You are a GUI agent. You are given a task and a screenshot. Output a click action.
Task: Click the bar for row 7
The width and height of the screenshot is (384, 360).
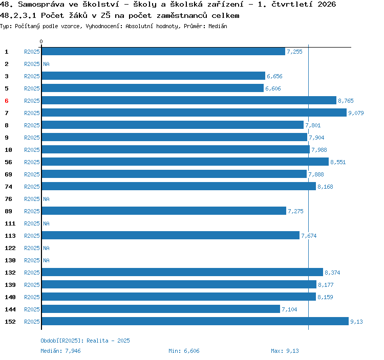pos(194,112)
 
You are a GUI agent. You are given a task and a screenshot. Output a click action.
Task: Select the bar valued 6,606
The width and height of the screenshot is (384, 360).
pos(153,88)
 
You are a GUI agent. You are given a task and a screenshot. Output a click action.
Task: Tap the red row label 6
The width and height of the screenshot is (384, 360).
pos(7,101)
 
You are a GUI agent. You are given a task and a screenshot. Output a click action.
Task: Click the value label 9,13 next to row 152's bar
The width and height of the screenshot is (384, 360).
pos(356,322)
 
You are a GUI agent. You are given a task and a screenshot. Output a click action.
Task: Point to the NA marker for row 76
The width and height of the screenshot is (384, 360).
pos(46,199)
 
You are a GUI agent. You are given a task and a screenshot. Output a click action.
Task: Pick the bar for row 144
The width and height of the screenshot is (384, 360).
pos(161,309)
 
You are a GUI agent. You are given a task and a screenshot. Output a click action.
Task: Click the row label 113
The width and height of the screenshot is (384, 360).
pos(10,236)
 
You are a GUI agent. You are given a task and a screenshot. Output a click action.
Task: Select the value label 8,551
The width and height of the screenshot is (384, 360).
pos(338,162)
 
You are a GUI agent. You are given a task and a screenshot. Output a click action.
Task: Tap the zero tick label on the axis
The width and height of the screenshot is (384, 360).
pos(41,41)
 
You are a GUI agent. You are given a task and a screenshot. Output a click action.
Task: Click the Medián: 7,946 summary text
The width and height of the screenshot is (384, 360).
pos(60,351)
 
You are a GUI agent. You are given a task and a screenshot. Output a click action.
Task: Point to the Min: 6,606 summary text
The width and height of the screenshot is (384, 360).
pos(184,351)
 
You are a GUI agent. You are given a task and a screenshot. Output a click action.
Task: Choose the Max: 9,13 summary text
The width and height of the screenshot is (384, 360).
pos(285,351)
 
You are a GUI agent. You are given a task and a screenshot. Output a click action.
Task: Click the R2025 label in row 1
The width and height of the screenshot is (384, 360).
pos(32,52)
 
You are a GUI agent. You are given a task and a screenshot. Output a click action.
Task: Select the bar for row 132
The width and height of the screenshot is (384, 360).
pos(182,272)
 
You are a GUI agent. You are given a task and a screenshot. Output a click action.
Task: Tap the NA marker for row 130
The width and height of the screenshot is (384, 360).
pos(46,260)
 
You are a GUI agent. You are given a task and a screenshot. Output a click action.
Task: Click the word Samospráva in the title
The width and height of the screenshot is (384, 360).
pos(41,5)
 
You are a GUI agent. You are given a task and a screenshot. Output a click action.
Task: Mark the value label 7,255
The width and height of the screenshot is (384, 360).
pos(294,52)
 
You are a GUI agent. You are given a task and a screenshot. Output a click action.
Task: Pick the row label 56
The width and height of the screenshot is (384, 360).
pos(8,162)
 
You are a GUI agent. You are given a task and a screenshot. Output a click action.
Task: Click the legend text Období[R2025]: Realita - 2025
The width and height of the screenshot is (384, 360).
pos(85,341)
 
